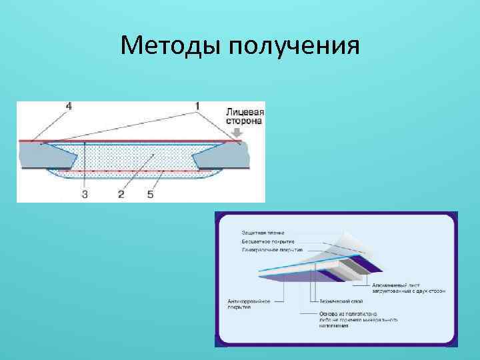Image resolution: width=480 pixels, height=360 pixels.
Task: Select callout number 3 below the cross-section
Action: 85,194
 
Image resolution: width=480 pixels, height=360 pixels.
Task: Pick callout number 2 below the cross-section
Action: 121,194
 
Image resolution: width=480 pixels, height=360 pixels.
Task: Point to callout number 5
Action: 150,194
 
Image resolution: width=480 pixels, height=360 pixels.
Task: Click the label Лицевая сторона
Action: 245,117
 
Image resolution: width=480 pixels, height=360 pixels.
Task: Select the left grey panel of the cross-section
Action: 40,155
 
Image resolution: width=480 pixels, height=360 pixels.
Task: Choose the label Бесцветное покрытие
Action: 268,241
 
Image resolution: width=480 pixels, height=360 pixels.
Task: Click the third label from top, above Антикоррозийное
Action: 272,249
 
